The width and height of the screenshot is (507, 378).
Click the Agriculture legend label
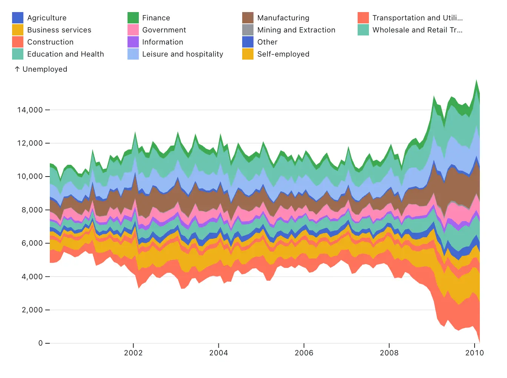pyautogui.click(x=47, y=18)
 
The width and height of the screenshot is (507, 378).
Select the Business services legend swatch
pyautogui.click(x=18, y=30)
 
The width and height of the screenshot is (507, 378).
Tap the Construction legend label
pyautogui.click(x=50, y=42)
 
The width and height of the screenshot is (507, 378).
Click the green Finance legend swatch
pyautogui.click(x=133, y=18)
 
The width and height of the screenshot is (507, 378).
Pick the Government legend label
pyautogui.click(x=164, y=30)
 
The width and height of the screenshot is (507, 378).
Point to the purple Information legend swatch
pyautogui.click(x=133, y=42)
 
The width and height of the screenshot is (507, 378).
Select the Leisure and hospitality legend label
pyautogui.click(x=183, y=54)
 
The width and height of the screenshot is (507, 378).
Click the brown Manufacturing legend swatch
pyautogui.click(x=248, y=18)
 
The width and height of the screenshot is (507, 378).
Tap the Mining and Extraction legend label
pyautogui.click(x=296, y=30)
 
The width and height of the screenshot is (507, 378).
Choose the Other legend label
pyautogui.click(x=267, y=42)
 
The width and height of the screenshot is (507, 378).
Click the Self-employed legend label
pyautogui.click(x=283, y=54)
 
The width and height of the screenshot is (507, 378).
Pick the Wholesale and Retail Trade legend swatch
pyautogui.click(x=363, y=30)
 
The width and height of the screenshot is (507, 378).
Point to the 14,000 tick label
pyautogui.click(x=30, y=110)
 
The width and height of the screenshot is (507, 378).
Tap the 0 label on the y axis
pyautogui.click(x=40, y=343)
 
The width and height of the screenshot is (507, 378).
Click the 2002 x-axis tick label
pyautogui.click(x=133, y=353)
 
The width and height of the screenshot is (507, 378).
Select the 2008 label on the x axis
pyautogui.click(x=389, y=353)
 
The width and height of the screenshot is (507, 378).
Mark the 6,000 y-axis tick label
pyautogui.click(x=32, y=243)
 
